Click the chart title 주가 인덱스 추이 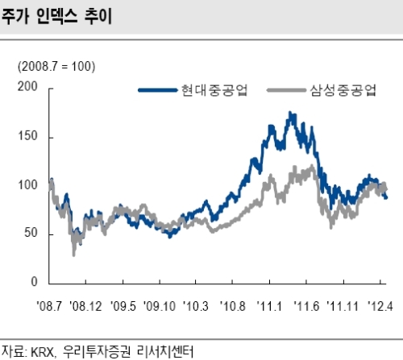coord(56,17)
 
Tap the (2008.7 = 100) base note coord(56,66)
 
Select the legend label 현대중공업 coord(214,90)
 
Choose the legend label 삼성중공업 coord(343,90)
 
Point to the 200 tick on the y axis coord(27,86)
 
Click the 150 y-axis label coord(27,136)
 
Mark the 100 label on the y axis coord(27,185)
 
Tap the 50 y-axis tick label coord(31,233)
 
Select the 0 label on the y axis coord(34,282)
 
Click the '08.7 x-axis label coord(49,306)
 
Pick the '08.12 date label coord(85,306)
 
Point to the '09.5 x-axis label coord(123,306)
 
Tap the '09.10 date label coord(160,306)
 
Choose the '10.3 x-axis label coord(196,306)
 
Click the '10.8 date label coord(233,306)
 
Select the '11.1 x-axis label coord(269,306)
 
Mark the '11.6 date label coord(306,306)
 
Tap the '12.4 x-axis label coord(380,306)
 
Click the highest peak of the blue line coord(289,112)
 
